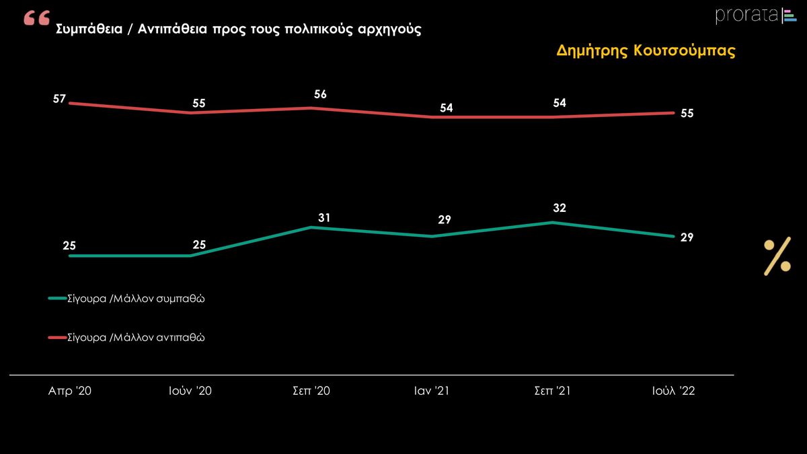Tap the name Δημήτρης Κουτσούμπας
point(646,52)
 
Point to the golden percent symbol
point(777,256)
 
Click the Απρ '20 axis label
point(70,391)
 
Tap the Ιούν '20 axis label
point(190,391)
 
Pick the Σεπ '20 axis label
point(311,391)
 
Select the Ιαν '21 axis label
point(432,391)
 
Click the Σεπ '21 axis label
point(552,391)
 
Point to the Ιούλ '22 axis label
point(674,391)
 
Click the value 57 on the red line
point(59,99)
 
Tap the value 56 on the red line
point(320,94)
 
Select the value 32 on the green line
point(560,209)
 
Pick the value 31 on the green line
point(325,217)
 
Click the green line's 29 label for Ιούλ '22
point(687,237)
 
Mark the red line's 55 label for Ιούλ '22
point(687,114)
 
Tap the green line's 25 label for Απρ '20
point(69,246)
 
